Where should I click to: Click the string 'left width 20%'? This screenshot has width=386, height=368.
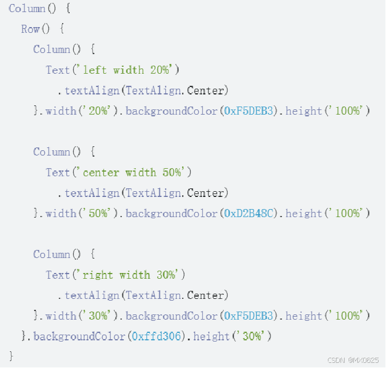pos(130,70)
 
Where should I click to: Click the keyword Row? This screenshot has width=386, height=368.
pos(30,29)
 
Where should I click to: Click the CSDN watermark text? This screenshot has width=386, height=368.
pos(352,360)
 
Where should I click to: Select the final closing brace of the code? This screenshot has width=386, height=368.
pos(11,355)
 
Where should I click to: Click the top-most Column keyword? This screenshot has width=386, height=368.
pos(27,9)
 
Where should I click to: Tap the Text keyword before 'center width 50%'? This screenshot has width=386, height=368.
pos(58,172)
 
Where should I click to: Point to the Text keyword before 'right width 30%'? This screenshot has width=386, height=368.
pos(58,275)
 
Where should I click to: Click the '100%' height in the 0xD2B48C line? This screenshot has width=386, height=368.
pos(347,213)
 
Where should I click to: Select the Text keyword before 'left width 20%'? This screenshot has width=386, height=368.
pos(58,70)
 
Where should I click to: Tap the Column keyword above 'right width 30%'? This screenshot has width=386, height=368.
pos(52,254)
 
